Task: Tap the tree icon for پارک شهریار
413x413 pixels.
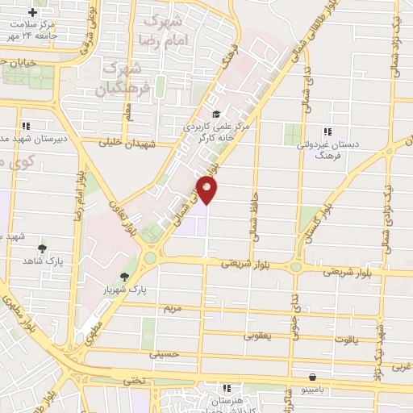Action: pyautogui.click(x=123, y=277)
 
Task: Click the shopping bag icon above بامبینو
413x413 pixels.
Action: pyautogui.click(x=312, y=377)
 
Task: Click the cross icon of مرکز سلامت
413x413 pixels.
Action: pyautogui.click(x=32, y=13)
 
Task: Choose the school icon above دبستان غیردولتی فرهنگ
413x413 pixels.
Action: pyautogui.click(x=327, y=131)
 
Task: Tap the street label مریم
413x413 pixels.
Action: pyautogui.click(x=173, y=308)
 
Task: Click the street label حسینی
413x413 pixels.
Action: pyautogui.click(x=162, y=353)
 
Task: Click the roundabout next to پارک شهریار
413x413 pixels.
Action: pyautogui.click(x=150, y=259)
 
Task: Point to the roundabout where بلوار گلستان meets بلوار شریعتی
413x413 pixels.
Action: pyautogui.click(x=297, y=267)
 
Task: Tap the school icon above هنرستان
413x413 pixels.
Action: pyautogui.click(x=227, y=389)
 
